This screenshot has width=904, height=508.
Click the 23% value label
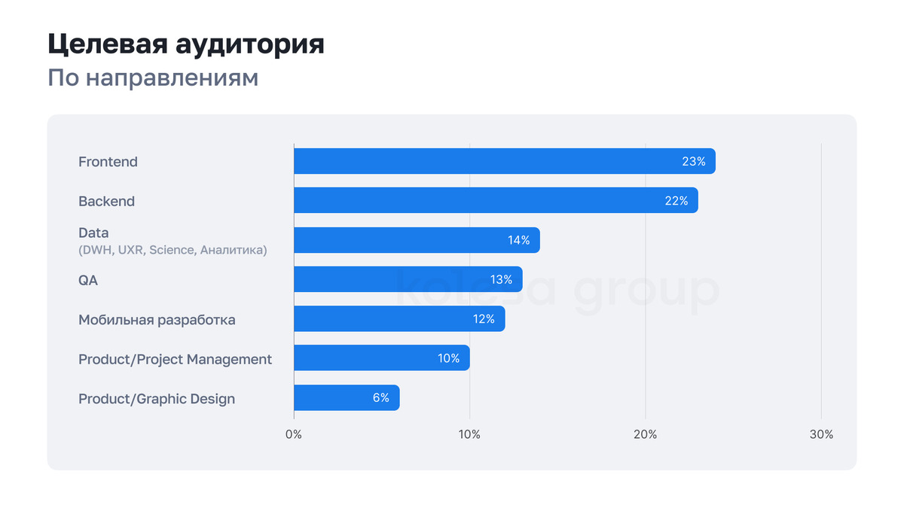tap(693, 161)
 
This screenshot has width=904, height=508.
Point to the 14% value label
tap(518, 240)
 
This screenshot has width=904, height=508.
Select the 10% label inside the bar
tap(448, 358)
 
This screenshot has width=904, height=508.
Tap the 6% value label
tap(380, 397)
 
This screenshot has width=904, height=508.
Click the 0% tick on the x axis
tap(294, 434)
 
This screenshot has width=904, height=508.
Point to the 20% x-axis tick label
tap(645, 434)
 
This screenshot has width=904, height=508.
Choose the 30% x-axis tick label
tap(821, 434)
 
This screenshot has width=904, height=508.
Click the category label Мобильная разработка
tap(157, 320)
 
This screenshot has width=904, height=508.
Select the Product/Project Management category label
tap(175, 359)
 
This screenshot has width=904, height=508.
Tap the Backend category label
tap(106, 201)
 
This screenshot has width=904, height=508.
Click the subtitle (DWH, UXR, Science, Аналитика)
tap(173, 250)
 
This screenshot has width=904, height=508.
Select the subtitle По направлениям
tap(153, 78)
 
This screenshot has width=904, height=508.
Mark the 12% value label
tap(484, 319)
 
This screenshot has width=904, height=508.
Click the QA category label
tap(88, 280)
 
